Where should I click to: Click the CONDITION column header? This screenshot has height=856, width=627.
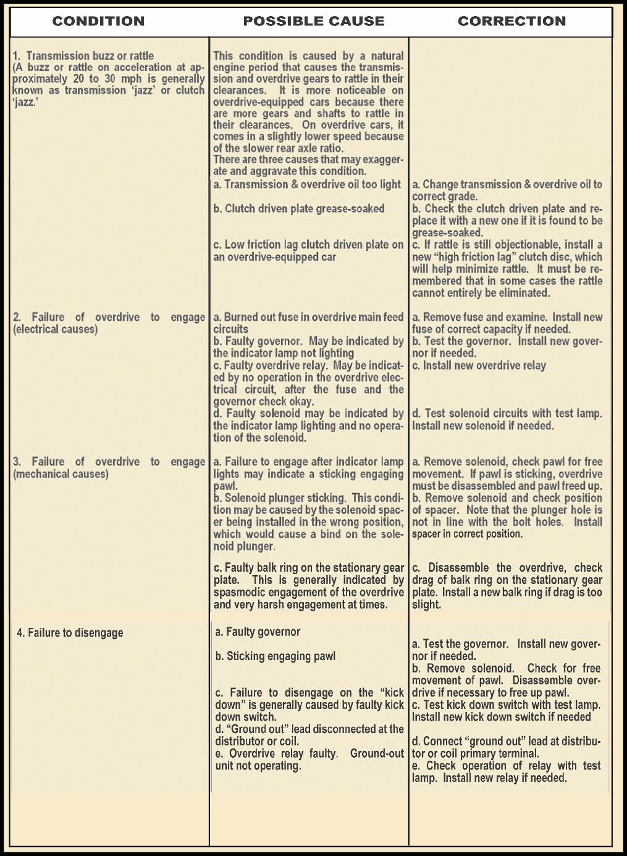pyautogui.click(x=98, y=21)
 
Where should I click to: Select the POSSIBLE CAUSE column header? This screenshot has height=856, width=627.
pyautogui.click(x=313, y=21)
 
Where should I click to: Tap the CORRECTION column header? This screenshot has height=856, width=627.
pyautogui.click(x=511, y=21)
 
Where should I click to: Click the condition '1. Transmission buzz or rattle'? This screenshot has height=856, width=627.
pyautogui.click(x=83, y=56)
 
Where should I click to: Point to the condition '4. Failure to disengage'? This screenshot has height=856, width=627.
pyautogui.click(x=70, y=632)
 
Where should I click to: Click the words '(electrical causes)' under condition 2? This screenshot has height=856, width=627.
pyautogui.click(x=55, y=329)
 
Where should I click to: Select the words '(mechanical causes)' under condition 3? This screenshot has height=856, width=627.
pyautogui.click(x=61, y=474)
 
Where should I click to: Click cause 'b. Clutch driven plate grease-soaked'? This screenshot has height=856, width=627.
pyautogui.click(x=299, y=209)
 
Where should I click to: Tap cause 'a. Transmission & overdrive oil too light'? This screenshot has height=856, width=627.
pyautogui.click(x=307, y=184)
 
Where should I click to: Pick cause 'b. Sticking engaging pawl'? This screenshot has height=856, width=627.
pyautogui.click(x=276, y=656)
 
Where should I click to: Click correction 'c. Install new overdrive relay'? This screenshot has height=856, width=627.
pyautogui.click(x=479, y=365)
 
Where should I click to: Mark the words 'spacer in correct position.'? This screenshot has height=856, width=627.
pyautogui.click(x=467, y=534)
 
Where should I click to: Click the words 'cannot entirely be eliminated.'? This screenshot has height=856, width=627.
pyautogui.click(x=481, y=293)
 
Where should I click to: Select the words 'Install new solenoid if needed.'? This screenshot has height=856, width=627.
pyautogui.click(x=483, y=426)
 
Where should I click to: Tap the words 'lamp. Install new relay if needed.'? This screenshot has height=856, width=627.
pyautogui.click(x=489, y=778)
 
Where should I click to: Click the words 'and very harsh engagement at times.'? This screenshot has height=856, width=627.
pyautogui.click(x=300, y=604)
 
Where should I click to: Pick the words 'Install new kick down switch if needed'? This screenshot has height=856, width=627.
pyautogui.click(x=502, y=717)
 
